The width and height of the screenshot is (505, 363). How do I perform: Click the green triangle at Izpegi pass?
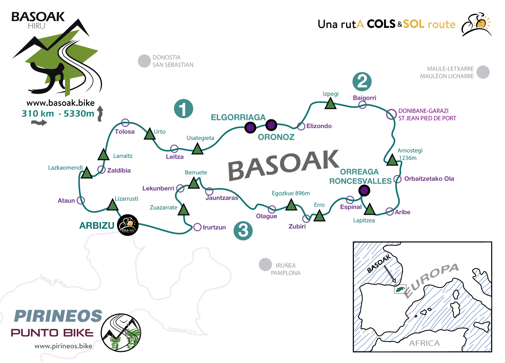coord(330,104)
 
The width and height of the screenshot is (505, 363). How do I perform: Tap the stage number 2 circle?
coord(362,82)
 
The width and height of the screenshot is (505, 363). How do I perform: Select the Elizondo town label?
coord(319,126)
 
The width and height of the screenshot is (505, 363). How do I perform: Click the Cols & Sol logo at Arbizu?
coord(128,225)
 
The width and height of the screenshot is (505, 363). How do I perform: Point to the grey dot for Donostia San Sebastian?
coord(144,61)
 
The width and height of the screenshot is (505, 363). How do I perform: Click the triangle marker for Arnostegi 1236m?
coord(392,160)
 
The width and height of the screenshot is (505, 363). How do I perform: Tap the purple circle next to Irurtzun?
coord(197,227)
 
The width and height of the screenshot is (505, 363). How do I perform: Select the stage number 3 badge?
coord(243,231)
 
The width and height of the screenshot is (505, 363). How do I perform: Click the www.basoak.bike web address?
coord(60,103)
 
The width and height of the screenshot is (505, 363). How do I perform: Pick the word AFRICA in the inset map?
coord(424,343)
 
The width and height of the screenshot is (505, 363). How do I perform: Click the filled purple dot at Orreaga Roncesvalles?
coord(364,191)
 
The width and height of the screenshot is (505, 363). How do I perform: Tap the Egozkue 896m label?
coord(291,193)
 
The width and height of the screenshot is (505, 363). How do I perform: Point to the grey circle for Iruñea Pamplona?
coord(265,264)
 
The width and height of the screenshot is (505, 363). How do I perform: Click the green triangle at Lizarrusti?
coord(112,205)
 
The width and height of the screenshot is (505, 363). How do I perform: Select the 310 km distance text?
coord(38,113)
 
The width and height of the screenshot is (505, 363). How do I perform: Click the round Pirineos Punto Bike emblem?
coord(121,333)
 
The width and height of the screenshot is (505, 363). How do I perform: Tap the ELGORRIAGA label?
coord(238,117)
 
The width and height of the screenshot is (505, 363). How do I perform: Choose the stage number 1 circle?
coord(183,109)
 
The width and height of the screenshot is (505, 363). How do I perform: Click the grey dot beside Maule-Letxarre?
coord(483,72)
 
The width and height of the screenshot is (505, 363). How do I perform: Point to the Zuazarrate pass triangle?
coord(183,210)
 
